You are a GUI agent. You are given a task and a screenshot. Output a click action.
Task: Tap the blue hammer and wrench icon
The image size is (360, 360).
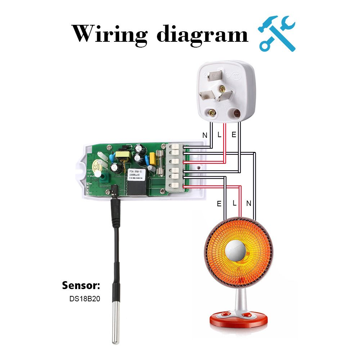277,33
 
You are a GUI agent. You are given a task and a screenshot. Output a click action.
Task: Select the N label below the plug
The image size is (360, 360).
205,135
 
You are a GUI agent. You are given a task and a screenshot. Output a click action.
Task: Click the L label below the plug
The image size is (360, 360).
219,135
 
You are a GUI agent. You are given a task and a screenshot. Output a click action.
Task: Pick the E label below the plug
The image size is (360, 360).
234,135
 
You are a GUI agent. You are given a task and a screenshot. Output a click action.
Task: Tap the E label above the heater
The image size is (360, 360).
219,204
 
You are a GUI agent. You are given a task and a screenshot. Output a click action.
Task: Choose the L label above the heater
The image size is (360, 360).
234,203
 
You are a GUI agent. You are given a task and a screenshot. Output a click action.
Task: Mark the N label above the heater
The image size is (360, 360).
248,204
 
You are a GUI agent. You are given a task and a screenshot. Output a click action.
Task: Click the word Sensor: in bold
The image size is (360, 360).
81,286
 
